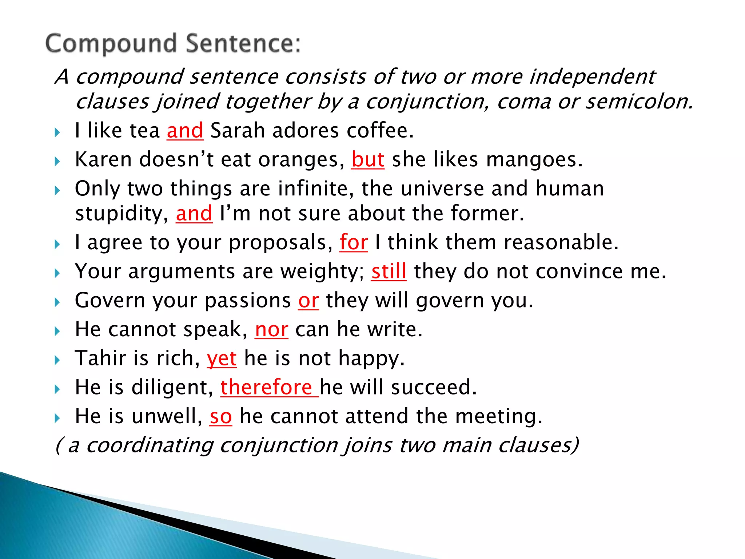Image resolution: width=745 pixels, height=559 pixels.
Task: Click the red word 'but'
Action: click(x=368, y=159)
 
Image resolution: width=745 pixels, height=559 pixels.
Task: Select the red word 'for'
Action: click(x=354, y=242)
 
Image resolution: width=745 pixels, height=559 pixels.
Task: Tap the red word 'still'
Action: click(x=389, y=271)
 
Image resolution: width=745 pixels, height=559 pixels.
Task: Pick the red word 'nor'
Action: click(x=271, y=330)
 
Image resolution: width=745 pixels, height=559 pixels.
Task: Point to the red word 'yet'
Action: click(x=222, y=358)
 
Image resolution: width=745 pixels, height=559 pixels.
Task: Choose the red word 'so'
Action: click(x=220, y=416)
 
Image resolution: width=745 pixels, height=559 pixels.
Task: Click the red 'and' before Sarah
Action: click(x=185, y=131)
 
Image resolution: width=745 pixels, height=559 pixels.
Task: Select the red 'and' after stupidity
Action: click(x=194, y=214)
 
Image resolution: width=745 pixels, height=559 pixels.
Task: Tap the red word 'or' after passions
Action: click(x=308, y=301)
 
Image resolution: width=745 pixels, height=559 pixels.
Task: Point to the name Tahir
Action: click(x=100, y=358)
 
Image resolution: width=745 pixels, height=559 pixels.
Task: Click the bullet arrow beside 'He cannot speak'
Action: click(x=57, y=331)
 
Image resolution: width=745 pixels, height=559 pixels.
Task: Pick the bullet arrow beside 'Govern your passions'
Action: click(x=57, y=302)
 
